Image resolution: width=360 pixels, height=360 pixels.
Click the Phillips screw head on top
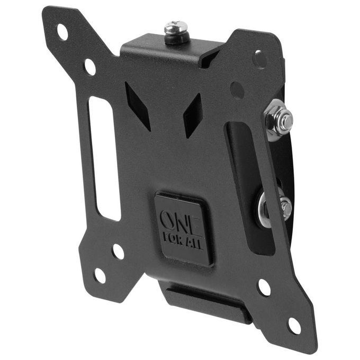[x=176, y=26]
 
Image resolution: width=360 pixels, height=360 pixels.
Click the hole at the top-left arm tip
[x=62, y=32]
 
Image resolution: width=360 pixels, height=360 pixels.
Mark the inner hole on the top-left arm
[x=90, y=67]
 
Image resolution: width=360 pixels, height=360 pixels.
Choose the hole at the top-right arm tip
[x=260, y=59]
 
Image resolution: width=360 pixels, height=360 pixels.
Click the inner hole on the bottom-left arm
[x=118, y=251]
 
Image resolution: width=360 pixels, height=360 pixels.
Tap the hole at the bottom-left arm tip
[x=100, y=275]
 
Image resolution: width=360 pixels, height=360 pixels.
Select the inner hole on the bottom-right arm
[x=264, y=287]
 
